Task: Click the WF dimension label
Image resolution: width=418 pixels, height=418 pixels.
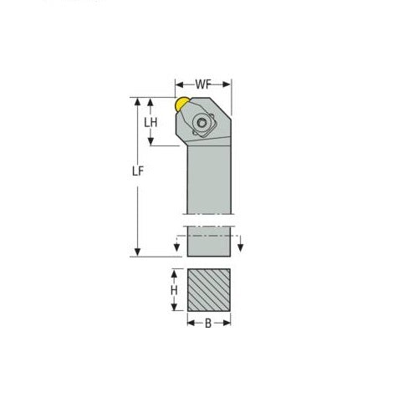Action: (x=203, y=84)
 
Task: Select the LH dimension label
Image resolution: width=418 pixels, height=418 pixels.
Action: (x=151, y=122)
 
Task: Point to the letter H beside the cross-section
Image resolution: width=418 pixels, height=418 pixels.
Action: (x=174, y=290)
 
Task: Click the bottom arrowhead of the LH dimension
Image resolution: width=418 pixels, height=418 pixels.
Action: (x=151, y=141)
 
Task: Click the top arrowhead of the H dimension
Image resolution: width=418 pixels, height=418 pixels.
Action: (x=174, y=273)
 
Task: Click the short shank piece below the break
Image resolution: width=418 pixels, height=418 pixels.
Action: (x=206, y=242)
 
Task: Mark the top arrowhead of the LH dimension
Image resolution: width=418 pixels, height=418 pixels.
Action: (x=151, y=101)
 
